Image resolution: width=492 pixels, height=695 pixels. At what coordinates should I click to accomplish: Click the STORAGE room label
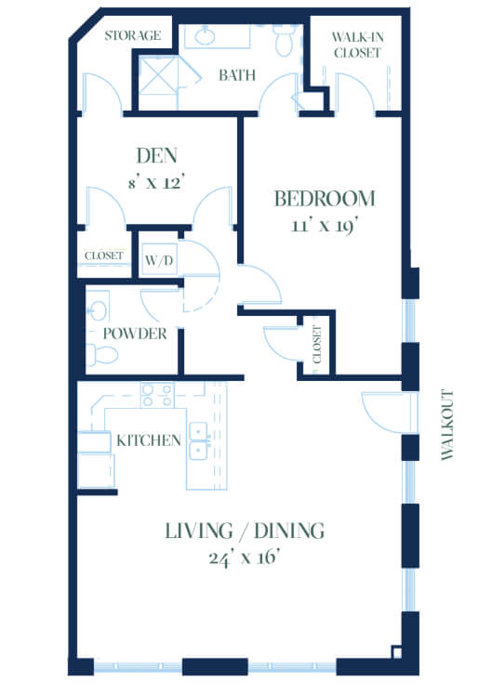pyautogui.click(x=133, y=35)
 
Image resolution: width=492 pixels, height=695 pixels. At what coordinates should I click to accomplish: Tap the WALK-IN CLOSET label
pyautogui.click(x=357, y=45)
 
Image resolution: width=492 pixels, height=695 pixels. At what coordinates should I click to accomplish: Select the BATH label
pyautogui.click(x=237, y=75)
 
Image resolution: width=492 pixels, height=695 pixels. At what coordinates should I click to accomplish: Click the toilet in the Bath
pyautogui.click(x=283, y=40)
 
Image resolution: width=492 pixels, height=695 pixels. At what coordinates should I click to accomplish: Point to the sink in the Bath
pyautogui.click(x=205, y=36)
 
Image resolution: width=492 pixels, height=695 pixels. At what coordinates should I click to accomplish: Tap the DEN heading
pyautogui.click(x=157, y=155)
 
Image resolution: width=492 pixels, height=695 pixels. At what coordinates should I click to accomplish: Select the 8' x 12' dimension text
pyautogui.click(x=156, y=182)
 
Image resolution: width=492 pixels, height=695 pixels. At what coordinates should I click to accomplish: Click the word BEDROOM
pyautogui.click(x=326, y=199)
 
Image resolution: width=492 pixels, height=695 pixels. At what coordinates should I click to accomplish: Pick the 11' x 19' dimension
pyautogui.click(x=325, y=226)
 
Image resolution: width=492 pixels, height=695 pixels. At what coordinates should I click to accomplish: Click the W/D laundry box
pyautogui.click(x=159, y=259)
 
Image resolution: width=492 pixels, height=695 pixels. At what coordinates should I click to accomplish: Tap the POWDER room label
pyautogui.click(x=135, y=334)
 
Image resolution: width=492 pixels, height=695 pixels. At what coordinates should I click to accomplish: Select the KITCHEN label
pyautogui.click(x=149, y=440)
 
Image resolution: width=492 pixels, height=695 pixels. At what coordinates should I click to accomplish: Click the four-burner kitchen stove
pyautogui.click(x=157, y=396)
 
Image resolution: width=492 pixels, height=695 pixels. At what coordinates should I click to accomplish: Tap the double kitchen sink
pyautogui.click(x=199, y=441)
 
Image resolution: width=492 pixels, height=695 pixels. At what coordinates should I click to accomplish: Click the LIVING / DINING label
pyautogui.click(x=245, y=531)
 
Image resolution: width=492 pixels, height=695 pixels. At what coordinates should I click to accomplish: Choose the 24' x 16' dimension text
pyautogui.click(x=245, y=557)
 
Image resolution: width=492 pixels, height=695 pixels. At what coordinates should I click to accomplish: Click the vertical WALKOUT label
pyautogui.click(x=447, y=425)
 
